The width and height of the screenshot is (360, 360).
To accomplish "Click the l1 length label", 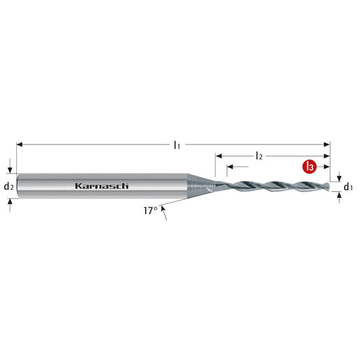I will point(176,144).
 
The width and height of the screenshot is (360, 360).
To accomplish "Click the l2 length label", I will point(259,155).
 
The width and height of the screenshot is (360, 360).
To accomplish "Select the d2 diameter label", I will point(9,186).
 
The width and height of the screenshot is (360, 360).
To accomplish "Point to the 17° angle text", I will point(150,210).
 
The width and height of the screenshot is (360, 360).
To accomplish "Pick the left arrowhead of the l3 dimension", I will point(230,166).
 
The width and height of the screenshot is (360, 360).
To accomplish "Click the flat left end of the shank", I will point(17,186).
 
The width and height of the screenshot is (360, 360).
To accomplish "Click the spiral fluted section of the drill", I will point(270,185).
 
